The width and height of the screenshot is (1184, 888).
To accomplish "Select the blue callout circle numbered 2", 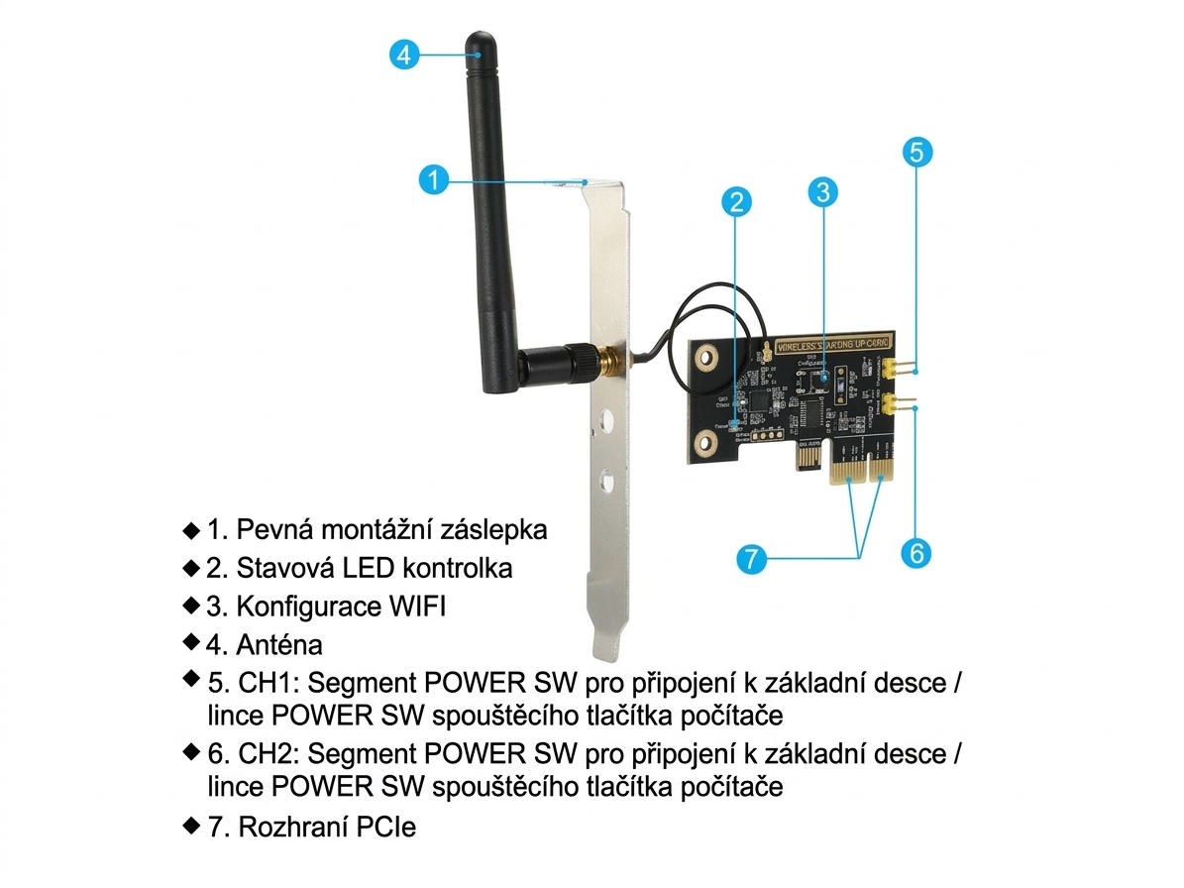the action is click(734, 202).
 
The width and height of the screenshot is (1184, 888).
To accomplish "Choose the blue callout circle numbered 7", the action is click(752, 558).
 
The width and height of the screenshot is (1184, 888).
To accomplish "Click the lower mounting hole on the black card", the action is click(705, 440).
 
